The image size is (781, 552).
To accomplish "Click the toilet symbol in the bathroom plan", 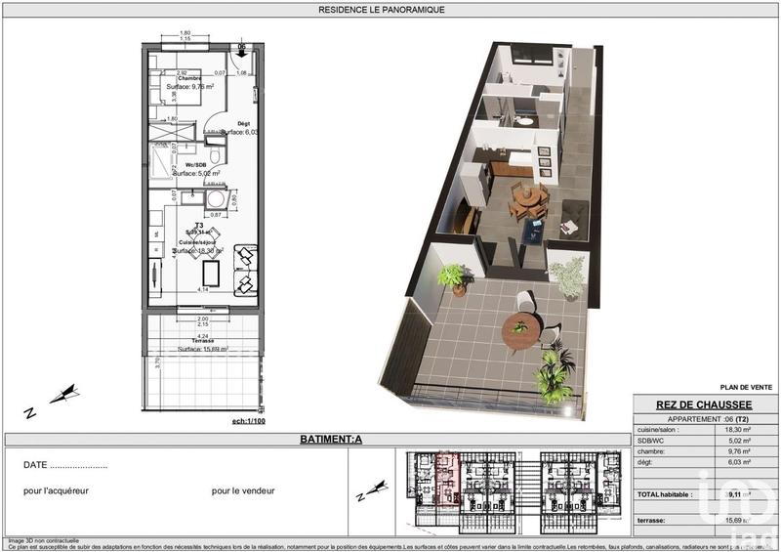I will [215, 156].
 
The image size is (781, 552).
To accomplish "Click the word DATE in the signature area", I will [35, 465].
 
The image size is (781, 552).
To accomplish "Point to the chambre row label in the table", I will [654, 451].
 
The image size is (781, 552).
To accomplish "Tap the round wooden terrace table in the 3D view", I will [521, 331].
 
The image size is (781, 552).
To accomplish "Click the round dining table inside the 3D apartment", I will [528, 197].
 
